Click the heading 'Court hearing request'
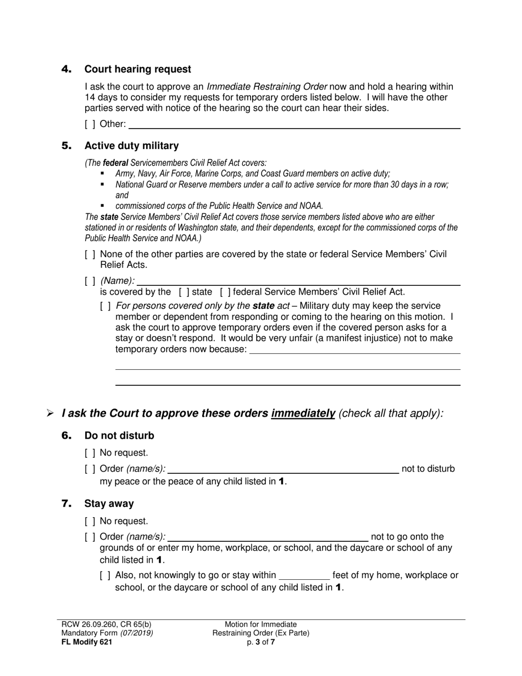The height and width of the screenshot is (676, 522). coord(137,69)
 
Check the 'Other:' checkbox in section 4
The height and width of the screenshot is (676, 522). coord(90,124)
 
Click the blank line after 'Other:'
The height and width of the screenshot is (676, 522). coord(294,124)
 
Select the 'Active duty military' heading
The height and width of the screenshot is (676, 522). coord(131,146)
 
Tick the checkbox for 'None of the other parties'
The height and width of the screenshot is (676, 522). coord(90,254)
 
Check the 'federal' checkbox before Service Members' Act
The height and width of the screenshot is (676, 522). coord(225,292)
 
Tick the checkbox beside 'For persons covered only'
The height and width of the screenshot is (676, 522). coord(105,306)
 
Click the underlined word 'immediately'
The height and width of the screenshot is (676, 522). coord(303,413)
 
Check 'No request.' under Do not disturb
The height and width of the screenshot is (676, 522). coord(90,453)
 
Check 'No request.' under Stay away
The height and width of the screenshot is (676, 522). coord(90,521)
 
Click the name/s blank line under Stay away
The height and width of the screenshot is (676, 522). coord(268,537)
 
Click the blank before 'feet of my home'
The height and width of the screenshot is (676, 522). coord(304,576)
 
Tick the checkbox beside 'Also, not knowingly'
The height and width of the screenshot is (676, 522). coord(105,576)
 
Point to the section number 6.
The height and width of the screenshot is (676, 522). coord(66,436)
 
